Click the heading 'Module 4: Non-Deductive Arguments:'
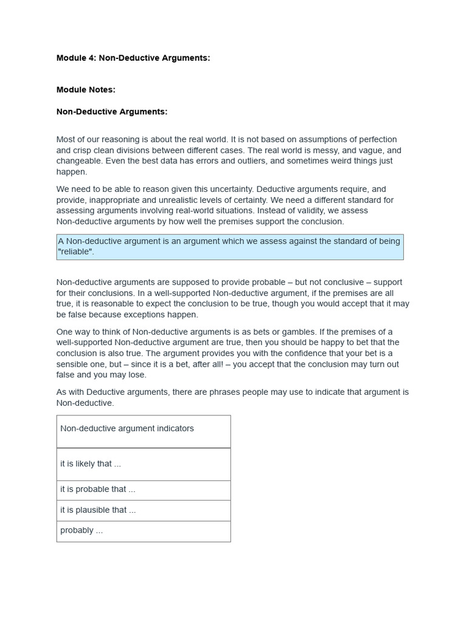(133, 58)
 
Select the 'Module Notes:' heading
(86, 89)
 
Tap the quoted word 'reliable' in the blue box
(75, 252)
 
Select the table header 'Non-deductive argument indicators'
(127, 428)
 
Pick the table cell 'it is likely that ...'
(91, 463)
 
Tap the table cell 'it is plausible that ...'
(98, 510)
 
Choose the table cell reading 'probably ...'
(81, 530)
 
